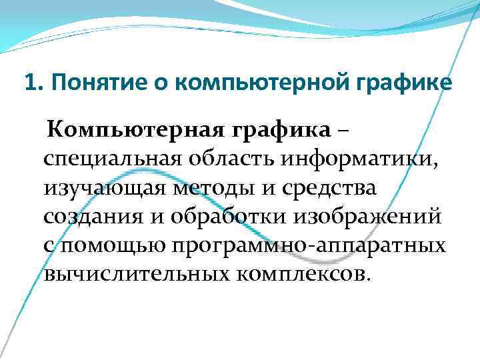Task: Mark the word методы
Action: pyautogui.click(x=203, y=188)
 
